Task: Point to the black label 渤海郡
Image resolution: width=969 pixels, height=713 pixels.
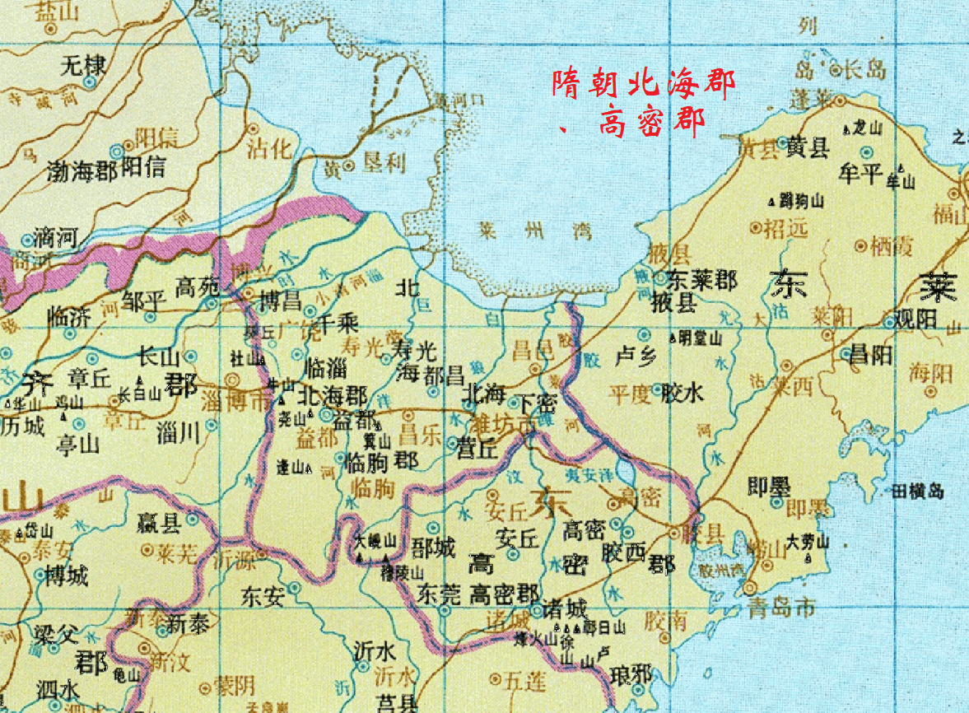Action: tap(82, 170)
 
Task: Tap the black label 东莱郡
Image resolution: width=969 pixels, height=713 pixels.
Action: tap(701, 279)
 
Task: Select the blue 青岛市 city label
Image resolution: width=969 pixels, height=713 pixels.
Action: tap(781, 608)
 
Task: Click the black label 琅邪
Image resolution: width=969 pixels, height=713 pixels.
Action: tap(630, 674)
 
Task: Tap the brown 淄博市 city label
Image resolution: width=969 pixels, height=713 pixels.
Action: tap(235, 403)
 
